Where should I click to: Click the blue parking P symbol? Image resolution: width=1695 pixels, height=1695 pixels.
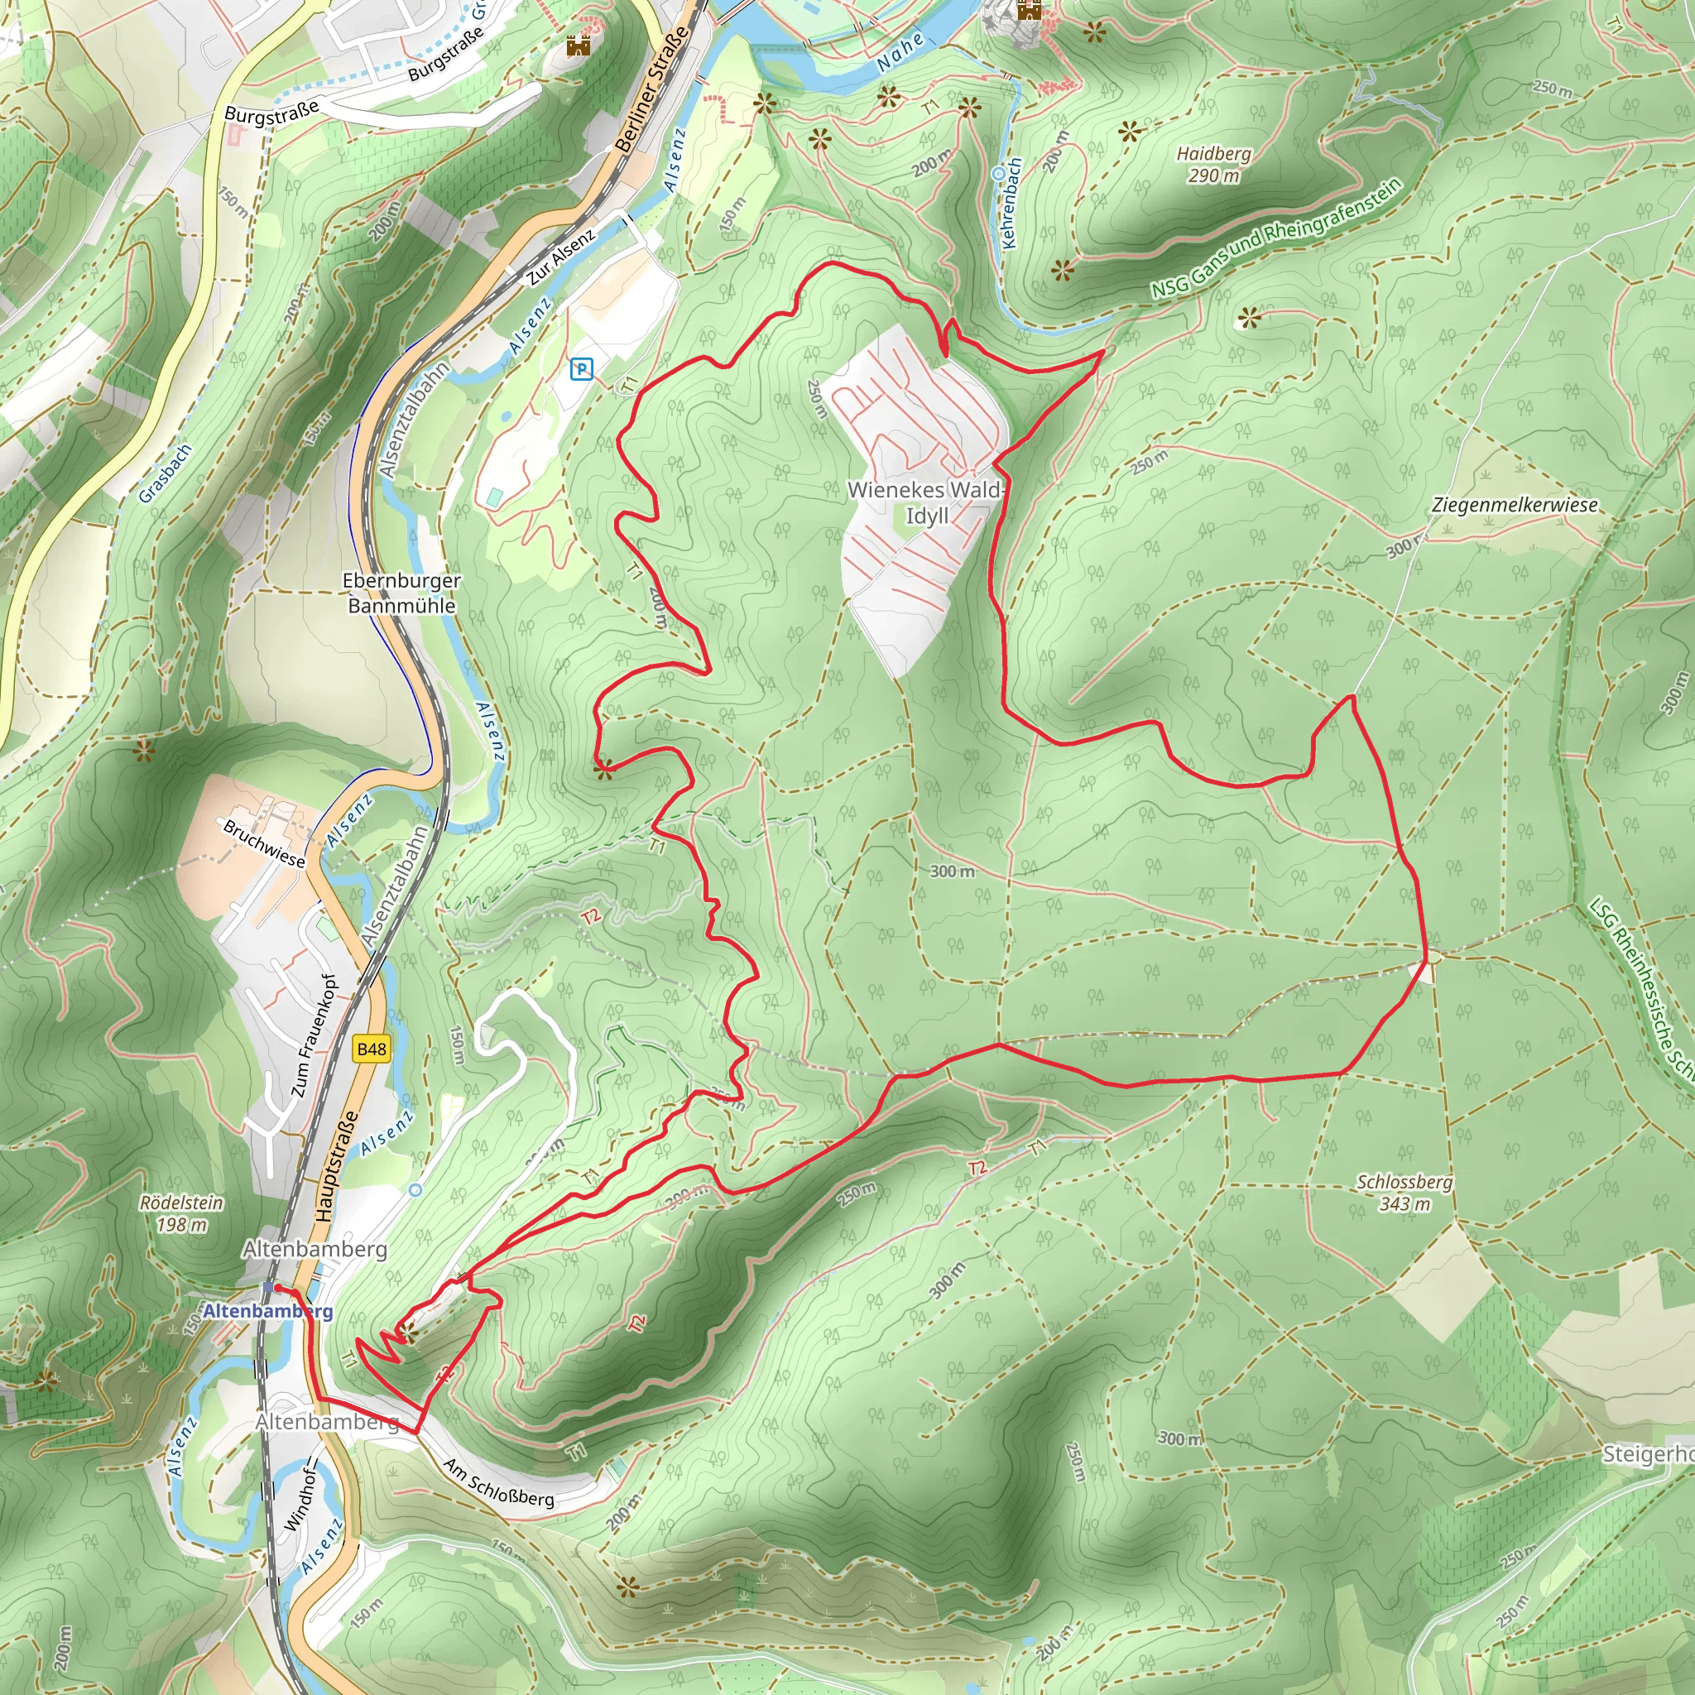581,369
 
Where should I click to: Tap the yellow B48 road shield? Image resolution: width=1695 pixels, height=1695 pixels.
371,1049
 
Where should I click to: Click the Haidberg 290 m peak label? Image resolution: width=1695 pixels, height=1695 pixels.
1213,164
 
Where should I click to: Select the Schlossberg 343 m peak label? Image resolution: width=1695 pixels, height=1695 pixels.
1404,1193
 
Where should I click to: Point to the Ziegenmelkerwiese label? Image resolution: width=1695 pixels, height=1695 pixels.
1515,506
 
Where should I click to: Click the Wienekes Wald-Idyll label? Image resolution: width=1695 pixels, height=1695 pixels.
925,502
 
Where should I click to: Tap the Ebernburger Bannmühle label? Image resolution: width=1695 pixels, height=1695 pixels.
401,593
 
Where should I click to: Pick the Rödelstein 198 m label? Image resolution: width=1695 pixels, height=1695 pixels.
181,1213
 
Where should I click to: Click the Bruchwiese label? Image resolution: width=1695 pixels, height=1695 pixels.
263,843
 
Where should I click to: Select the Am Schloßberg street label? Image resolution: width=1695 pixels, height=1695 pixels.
498,1481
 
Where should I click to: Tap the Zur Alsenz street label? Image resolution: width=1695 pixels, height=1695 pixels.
561,257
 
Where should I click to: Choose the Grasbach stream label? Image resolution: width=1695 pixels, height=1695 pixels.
165,473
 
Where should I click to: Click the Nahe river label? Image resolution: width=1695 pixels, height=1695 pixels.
900,53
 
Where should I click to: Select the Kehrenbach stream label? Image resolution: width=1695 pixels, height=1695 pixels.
1011,203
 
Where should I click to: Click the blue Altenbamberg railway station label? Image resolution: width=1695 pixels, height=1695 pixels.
267,1311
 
